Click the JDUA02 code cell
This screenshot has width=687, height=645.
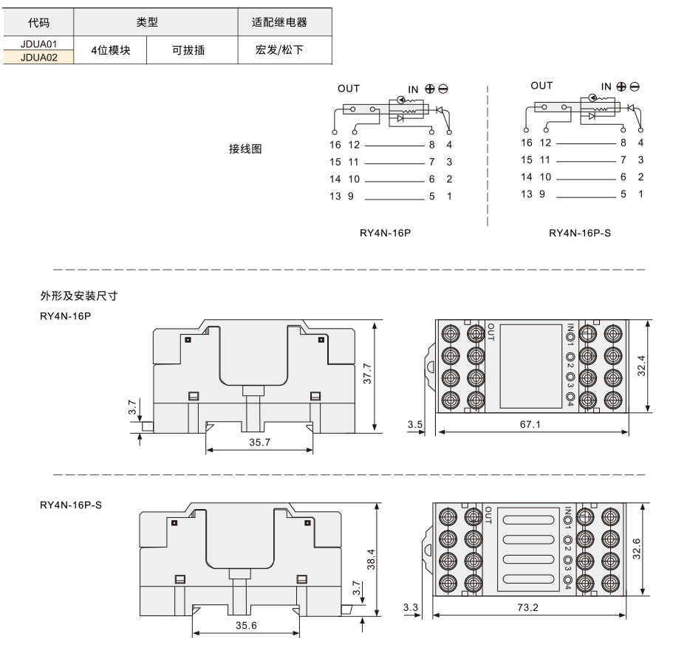point(38,58)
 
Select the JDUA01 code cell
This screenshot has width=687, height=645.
point(38,44)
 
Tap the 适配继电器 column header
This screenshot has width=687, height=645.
point(279,22)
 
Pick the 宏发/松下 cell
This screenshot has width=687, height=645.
point(279,50)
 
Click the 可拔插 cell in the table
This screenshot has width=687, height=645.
point(188,50)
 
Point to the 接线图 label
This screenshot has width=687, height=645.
point(245,149)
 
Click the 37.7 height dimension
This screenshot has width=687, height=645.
point(367,374)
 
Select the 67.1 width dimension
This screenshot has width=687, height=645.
point(530,424)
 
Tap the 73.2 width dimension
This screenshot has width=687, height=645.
point(527,607)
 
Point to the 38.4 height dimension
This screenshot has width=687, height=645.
point(371,559)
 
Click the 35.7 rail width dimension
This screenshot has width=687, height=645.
point(260,442)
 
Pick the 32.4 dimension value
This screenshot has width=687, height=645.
point(641,366)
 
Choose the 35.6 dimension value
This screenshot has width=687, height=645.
point(246,625)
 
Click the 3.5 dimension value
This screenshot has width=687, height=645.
point(415,424)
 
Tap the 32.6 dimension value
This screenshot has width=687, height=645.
point(637,549)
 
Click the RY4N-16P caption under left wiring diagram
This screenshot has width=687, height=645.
point(385,233)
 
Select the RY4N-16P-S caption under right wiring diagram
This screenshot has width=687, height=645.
point(580,233)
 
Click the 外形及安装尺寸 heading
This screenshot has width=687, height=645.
point(79,296)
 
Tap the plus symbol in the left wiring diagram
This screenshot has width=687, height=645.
point(430,89)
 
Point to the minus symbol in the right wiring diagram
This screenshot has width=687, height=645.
point(635,86)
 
